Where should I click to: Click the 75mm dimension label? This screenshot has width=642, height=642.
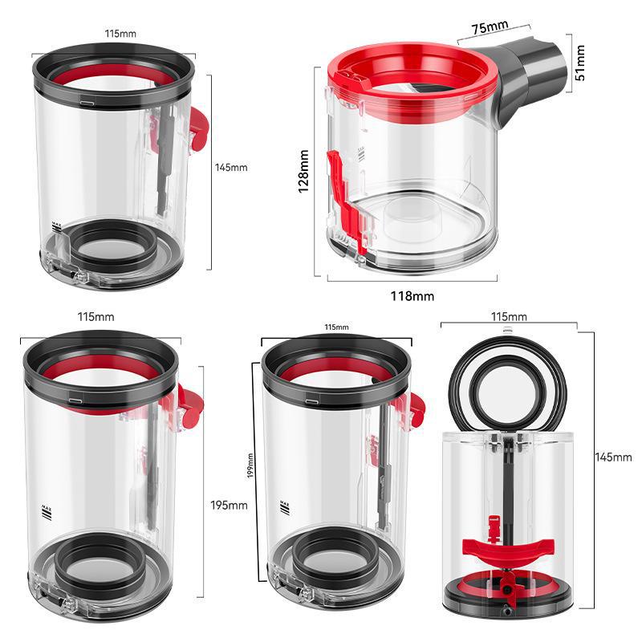coord(488,27)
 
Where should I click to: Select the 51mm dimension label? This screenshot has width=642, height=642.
coord(579,63)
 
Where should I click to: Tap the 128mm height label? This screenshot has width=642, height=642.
coord(303,171)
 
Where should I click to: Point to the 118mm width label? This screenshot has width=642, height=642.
coord(412,296)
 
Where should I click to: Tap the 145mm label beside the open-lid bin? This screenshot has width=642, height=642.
coord(613,457)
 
